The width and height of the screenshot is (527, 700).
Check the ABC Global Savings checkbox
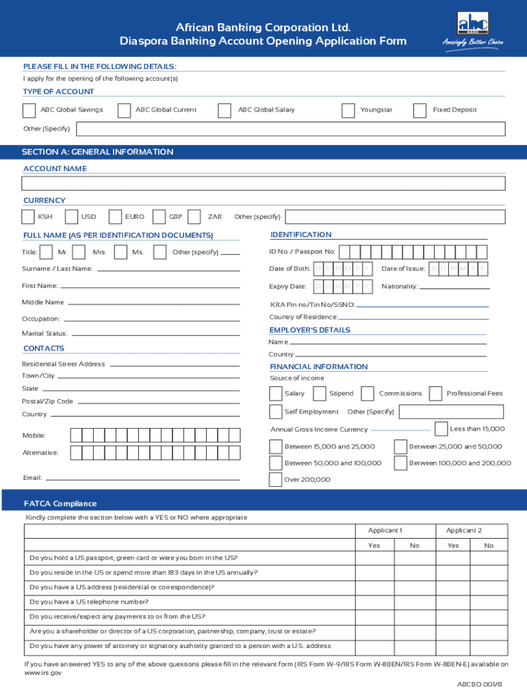29,111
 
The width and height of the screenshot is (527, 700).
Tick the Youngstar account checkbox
348,111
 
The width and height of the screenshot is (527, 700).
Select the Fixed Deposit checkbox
420,111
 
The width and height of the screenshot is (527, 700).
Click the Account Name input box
263,183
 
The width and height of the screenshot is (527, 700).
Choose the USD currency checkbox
71,217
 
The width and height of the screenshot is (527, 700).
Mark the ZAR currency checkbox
194,217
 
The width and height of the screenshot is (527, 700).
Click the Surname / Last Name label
57,269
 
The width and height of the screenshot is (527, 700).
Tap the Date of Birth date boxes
343,269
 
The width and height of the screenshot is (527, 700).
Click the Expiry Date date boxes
343,286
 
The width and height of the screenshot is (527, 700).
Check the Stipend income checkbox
319,394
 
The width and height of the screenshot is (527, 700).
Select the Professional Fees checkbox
435,394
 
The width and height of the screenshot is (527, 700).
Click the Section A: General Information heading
97,152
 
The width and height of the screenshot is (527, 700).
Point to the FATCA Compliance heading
60,504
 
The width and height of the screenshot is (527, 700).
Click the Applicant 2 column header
464,530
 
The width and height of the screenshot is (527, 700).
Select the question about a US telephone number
89,602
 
